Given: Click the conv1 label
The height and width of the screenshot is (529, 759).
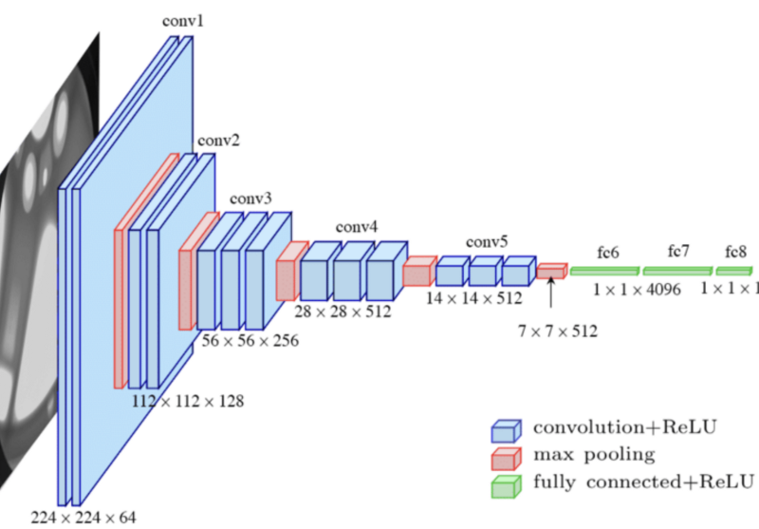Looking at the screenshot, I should click(x=185, y=20).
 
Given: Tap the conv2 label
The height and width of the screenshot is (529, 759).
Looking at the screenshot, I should click(x=218, y=142).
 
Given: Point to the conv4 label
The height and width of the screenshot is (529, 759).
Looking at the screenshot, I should click(x=357, y=227).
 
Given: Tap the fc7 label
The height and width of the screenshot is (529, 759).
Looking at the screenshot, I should click(x=677, y=252).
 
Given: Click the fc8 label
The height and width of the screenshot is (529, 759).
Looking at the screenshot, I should click(x=735, y=252).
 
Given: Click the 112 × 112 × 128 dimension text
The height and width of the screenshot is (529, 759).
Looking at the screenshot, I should click(x=188, y=401).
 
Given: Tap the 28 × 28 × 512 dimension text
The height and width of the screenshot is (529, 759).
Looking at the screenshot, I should click(x=342, y=311).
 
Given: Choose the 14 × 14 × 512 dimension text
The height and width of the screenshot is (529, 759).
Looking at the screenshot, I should click(x=473, y=297).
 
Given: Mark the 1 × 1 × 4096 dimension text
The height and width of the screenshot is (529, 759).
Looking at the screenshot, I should click(x=638, y=289).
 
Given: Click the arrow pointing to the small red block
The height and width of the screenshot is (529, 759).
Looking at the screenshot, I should click(x=551, y=293).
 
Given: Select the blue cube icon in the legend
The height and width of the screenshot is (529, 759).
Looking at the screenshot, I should click(x=504, y=429).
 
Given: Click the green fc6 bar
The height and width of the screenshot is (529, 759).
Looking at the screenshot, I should click(x=604, y=271).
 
